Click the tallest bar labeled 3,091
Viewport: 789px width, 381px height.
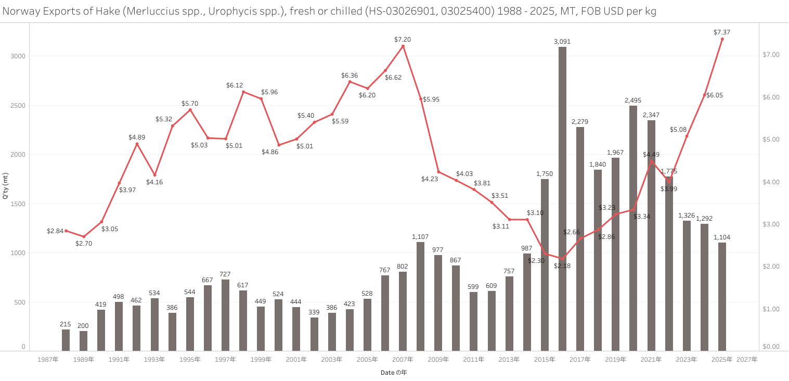(562, 198)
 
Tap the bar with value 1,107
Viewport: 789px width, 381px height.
(420, 296)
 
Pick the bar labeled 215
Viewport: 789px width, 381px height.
(66, 340)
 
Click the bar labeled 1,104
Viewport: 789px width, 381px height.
(722, 296)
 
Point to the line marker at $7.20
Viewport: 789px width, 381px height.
(403, 46)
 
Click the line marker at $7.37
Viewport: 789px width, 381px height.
(722, 39)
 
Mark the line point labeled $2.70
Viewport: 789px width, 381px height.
(84, 236)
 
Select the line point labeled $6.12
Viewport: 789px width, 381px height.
(243, 92)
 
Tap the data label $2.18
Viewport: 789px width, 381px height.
(562, 266)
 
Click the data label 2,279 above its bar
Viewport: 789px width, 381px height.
(580, 122)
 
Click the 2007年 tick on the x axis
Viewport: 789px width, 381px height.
(403, 359)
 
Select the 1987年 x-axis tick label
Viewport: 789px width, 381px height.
(48, 359)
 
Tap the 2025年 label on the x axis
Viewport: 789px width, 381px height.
(722, 359)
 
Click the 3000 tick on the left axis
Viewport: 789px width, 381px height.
(19, 56)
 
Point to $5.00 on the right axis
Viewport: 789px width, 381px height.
(770, 139)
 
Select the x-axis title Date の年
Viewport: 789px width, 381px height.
(394, 373)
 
